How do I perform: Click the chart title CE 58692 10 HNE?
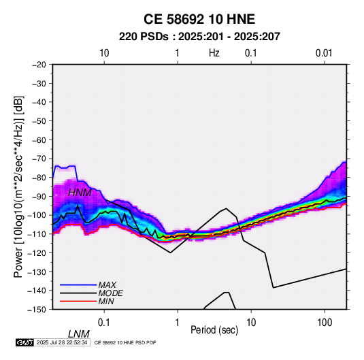(199, 19)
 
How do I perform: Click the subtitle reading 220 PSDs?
(144, 37)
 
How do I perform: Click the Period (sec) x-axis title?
(214, 330)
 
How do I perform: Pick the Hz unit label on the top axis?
(214, 53)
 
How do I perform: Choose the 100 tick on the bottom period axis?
(325, 323)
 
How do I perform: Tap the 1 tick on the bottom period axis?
(178, 323)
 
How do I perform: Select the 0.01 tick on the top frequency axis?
(324, 53)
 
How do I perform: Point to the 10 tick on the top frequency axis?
(104, 53)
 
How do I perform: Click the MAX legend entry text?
(107, 285)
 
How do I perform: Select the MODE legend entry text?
(110, 293)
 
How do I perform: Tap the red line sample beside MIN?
(78, 301)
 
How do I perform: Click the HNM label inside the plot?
(80, 193)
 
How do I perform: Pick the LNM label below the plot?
(79, 334)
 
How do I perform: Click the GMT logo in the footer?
(24, 342)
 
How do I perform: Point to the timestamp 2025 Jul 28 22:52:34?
(62, 342)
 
